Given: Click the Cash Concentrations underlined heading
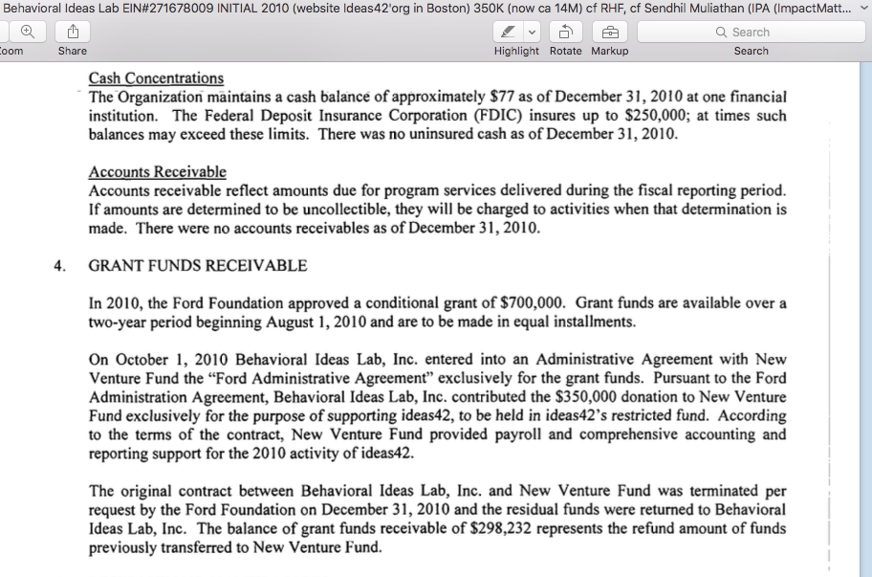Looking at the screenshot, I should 156,78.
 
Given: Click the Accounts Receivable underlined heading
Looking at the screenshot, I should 157,172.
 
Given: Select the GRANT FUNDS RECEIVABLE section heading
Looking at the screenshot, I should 198,266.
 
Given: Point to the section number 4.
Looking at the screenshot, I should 58,266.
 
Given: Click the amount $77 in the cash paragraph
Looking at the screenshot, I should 503,97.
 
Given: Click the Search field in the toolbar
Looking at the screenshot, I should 751,32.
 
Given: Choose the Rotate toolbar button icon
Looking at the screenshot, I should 565,32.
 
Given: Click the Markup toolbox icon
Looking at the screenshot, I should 610,32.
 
